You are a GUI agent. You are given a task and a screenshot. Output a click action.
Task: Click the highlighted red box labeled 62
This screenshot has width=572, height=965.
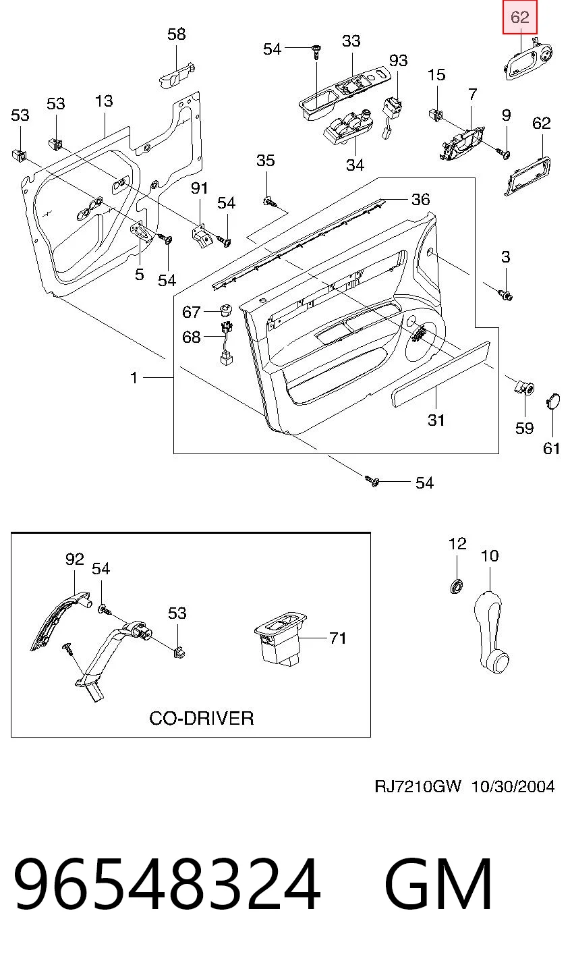[520, 18]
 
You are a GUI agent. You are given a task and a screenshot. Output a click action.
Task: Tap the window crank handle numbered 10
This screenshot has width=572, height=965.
[490, 632]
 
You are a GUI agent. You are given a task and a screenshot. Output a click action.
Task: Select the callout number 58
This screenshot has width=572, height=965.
[177, 34]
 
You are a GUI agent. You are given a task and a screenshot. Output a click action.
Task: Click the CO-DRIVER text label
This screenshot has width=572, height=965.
[201, 718]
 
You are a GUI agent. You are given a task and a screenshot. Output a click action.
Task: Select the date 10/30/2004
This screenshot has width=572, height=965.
[513, 787]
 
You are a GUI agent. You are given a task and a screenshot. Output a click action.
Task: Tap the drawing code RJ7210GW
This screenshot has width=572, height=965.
[418, 787]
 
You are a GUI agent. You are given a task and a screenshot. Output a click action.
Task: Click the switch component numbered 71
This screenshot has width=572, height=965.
[281, 637]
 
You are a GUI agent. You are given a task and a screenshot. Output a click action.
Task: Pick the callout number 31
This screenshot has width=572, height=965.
[436, 420]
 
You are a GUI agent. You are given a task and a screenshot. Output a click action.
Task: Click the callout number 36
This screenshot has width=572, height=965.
[420, 199]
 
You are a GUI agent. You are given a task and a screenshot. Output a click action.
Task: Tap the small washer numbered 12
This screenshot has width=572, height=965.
[457, 586]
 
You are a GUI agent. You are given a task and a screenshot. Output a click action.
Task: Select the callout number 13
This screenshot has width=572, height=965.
[104, 101]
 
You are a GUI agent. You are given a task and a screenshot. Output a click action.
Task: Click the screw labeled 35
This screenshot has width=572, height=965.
[270, 201]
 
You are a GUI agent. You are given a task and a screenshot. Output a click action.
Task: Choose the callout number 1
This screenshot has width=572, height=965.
[134, 378]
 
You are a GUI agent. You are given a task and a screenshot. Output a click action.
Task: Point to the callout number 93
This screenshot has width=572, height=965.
[398, 60]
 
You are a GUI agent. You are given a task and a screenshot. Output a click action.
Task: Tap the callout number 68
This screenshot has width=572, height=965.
[192, 337]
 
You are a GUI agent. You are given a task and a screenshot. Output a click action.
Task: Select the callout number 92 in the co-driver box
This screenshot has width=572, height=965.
[74, 559]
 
